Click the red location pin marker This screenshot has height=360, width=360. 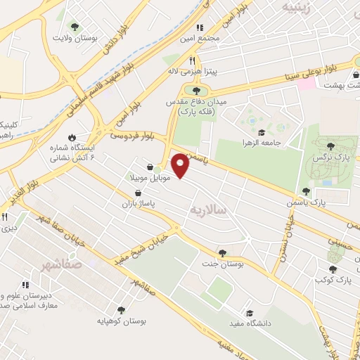(x=181, y=165)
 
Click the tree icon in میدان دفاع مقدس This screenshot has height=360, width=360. (x=196, y=89)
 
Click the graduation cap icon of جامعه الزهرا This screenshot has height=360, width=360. (x=261, y=131)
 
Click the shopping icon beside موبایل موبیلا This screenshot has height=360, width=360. (x=149, y=167)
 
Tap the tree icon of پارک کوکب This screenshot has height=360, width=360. (x=332, y=269)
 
